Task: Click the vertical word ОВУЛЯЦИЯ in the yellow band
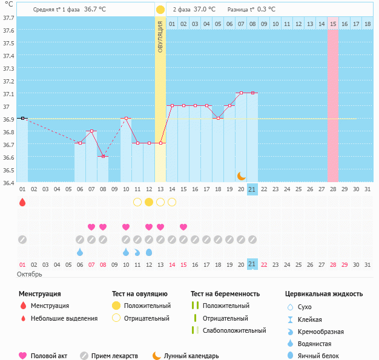(x=160, y=36)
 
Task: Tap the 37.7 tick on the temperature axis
(x=8, y=18)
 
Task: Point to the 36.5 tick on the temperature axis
(x=8, y=170)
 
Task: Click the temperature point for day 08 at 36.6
(x=103, y=157)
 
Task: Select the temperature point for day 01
(x=22, y=119)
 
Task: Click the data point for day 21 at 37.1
(x=252, y=93)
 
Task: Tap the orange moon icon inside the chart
(x=242, y=175)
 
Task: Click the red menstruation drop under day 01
(x=22, y=202)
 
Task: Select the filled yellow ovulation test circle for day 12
(x=149, y=202)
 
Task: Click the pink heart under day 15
(x=183, y=227)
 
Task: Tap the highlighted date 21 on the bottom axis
(x=252, y=264)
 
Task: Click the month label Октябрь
(x=30, y=275)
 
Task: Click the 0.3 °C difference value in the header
(x=266, y=10)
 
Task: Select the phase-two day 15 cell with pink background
(x=333, y=24)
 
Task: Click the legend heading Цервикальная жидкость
(x=323, y=294)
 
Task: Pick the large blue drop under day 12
(x=149, y=252)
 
